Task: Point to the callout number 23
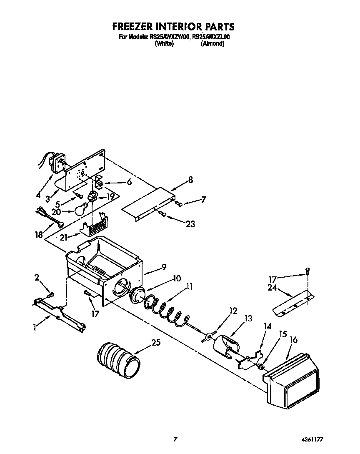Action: (190, 224)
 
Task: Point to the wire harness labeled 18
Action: (49, 218)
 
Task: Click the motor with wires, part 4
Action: (55, 161)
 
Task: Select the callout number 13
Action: (248, 319)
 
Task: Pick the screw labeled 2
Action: (50, 295)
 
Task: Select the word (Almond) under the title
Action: (212, 43)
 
